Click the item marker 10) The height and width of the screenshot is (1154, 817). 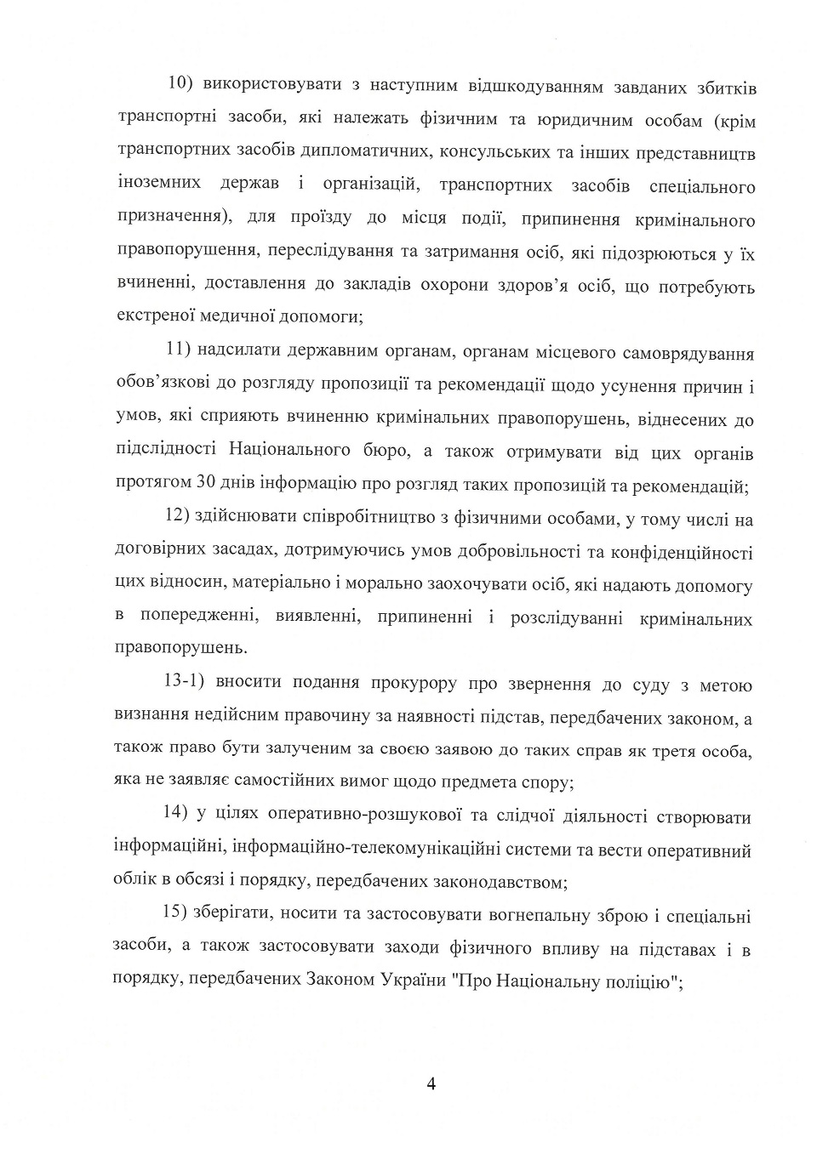[182, 85]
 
